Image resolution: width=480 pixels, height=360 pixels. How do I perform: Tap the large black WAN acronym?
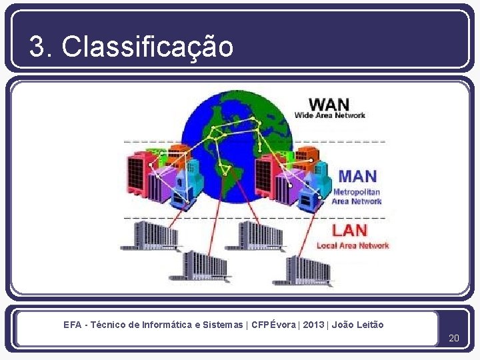click(329, 104)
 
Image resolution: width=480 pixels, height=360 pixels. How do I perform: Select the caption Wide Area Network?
click(330, 115)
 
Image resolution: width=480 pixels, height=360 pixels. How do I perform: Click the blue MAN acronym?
click(357, 177)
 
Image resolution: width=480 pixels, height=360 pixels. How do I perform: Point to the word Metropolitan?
click(357, 192)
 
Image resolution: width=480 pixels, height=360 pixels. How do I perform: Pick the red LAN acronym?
click(349, 231)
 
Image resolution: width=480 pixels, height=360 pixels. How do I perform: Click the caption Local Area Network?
click(353, 245)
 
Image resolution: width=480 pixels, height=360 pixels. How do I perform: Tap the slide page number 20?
click(454, 338)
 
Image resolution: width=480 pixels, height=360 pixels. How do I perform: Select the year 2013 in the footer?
click(313, 325)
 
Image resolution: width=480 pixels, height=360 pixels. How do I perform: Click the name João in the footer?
click(343, 325)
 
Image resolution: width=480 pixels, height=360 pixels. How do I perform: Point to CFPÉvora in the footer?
click(274, 325)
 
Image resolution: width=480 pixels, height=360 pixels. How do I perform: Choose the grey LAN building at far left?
click(150, 235)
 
